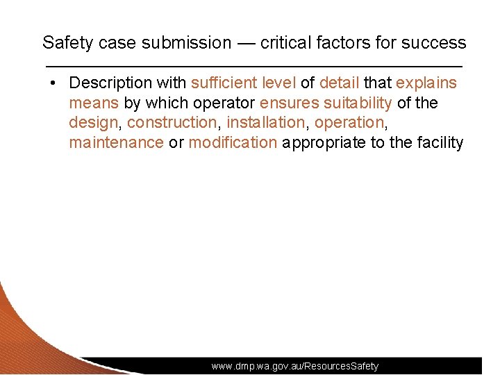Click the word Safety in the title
point(67,42)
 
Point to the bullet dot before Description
point(53,83)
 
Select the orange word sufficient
point(223,83)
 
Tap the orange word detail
point(339,83)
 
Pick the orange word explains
point(426,83)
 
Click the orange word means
point(94,103)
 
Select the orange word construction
point(172,123)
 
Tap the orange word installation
point(266,123)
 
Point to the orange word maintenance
point(116,143)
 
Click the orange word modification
point(233,143)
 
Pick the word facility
point(440,143)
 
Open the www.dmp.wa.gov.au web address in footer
point(295,366)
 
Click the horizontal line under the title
point(253,65)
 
